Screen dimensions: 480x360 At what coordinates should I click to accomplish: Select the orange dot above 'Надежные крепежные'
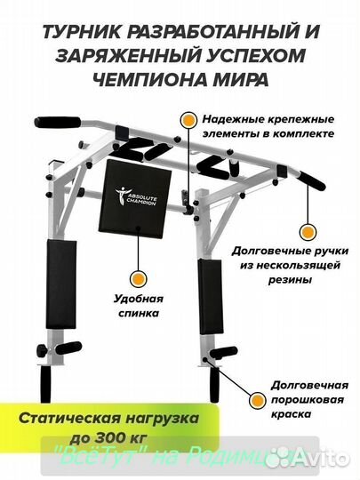[187, 117]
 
